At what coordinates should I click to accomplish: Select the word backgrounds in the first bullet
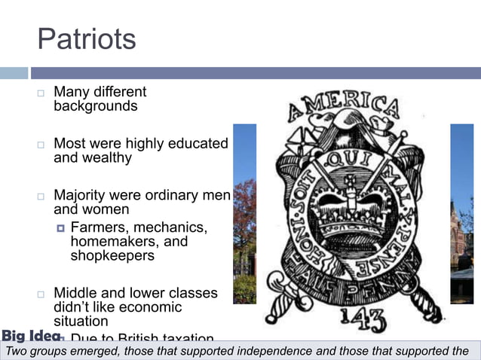point(95,106)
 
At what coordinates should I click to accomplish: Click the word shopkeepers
point(112,255)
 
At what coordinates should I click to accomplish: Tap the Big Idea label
point(30,336)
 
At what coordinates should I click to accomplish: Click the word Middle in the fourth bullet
point(74,293)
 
